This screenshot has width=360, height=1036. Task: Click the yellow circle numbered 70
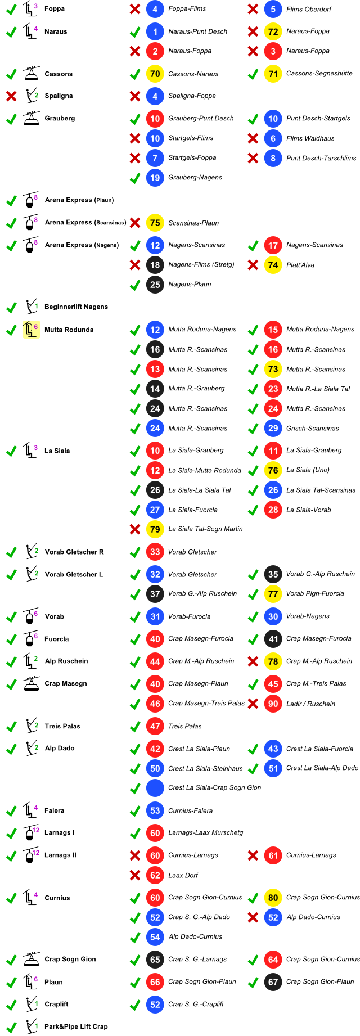[155, 74]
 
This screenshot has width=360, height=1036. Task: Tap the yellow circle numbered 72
[273, 31]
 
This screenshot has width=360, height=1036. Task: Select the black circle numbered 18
[155, 265]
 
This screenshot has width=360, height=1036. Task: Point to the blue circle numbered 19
[155, 178]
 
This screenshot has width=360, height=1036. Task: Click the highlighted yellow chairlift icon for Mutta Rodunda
[30, 330]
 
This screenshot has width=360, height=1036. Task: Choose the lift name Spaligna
[58, 96]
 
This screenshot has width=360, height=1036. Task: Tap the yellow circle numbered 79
[155, 529]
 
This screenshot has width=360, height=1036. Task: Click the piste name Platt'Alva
[300, 265]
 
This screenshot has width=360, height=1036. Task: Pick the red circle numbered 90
[273, 704]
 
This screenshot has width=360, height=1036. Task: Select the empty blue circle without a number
[155, 788]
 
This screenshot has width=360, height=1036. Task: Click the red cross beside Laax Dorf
[135, 875]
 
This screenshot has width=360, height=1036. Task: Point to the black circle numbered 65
[155, 960]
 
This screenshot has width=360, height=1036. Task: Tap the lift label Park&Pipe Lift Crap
[76, 1027]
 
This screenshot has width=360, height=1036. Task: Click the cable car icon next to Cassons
[31, 74]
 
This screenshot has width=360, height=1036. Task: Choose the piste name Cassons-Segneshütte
[319, 74]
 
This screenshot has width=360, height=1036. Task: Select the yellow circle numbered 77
[273, 594]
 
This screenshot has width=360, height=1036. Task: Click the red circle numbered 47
[155, 726]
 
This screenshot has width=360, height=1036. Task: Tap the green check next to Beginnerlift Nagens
[11, 307]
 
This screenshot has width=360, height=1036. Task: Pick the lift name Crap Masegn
[65, 684]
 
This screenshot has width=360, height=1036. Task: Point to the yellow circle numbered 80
[273, 898]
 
